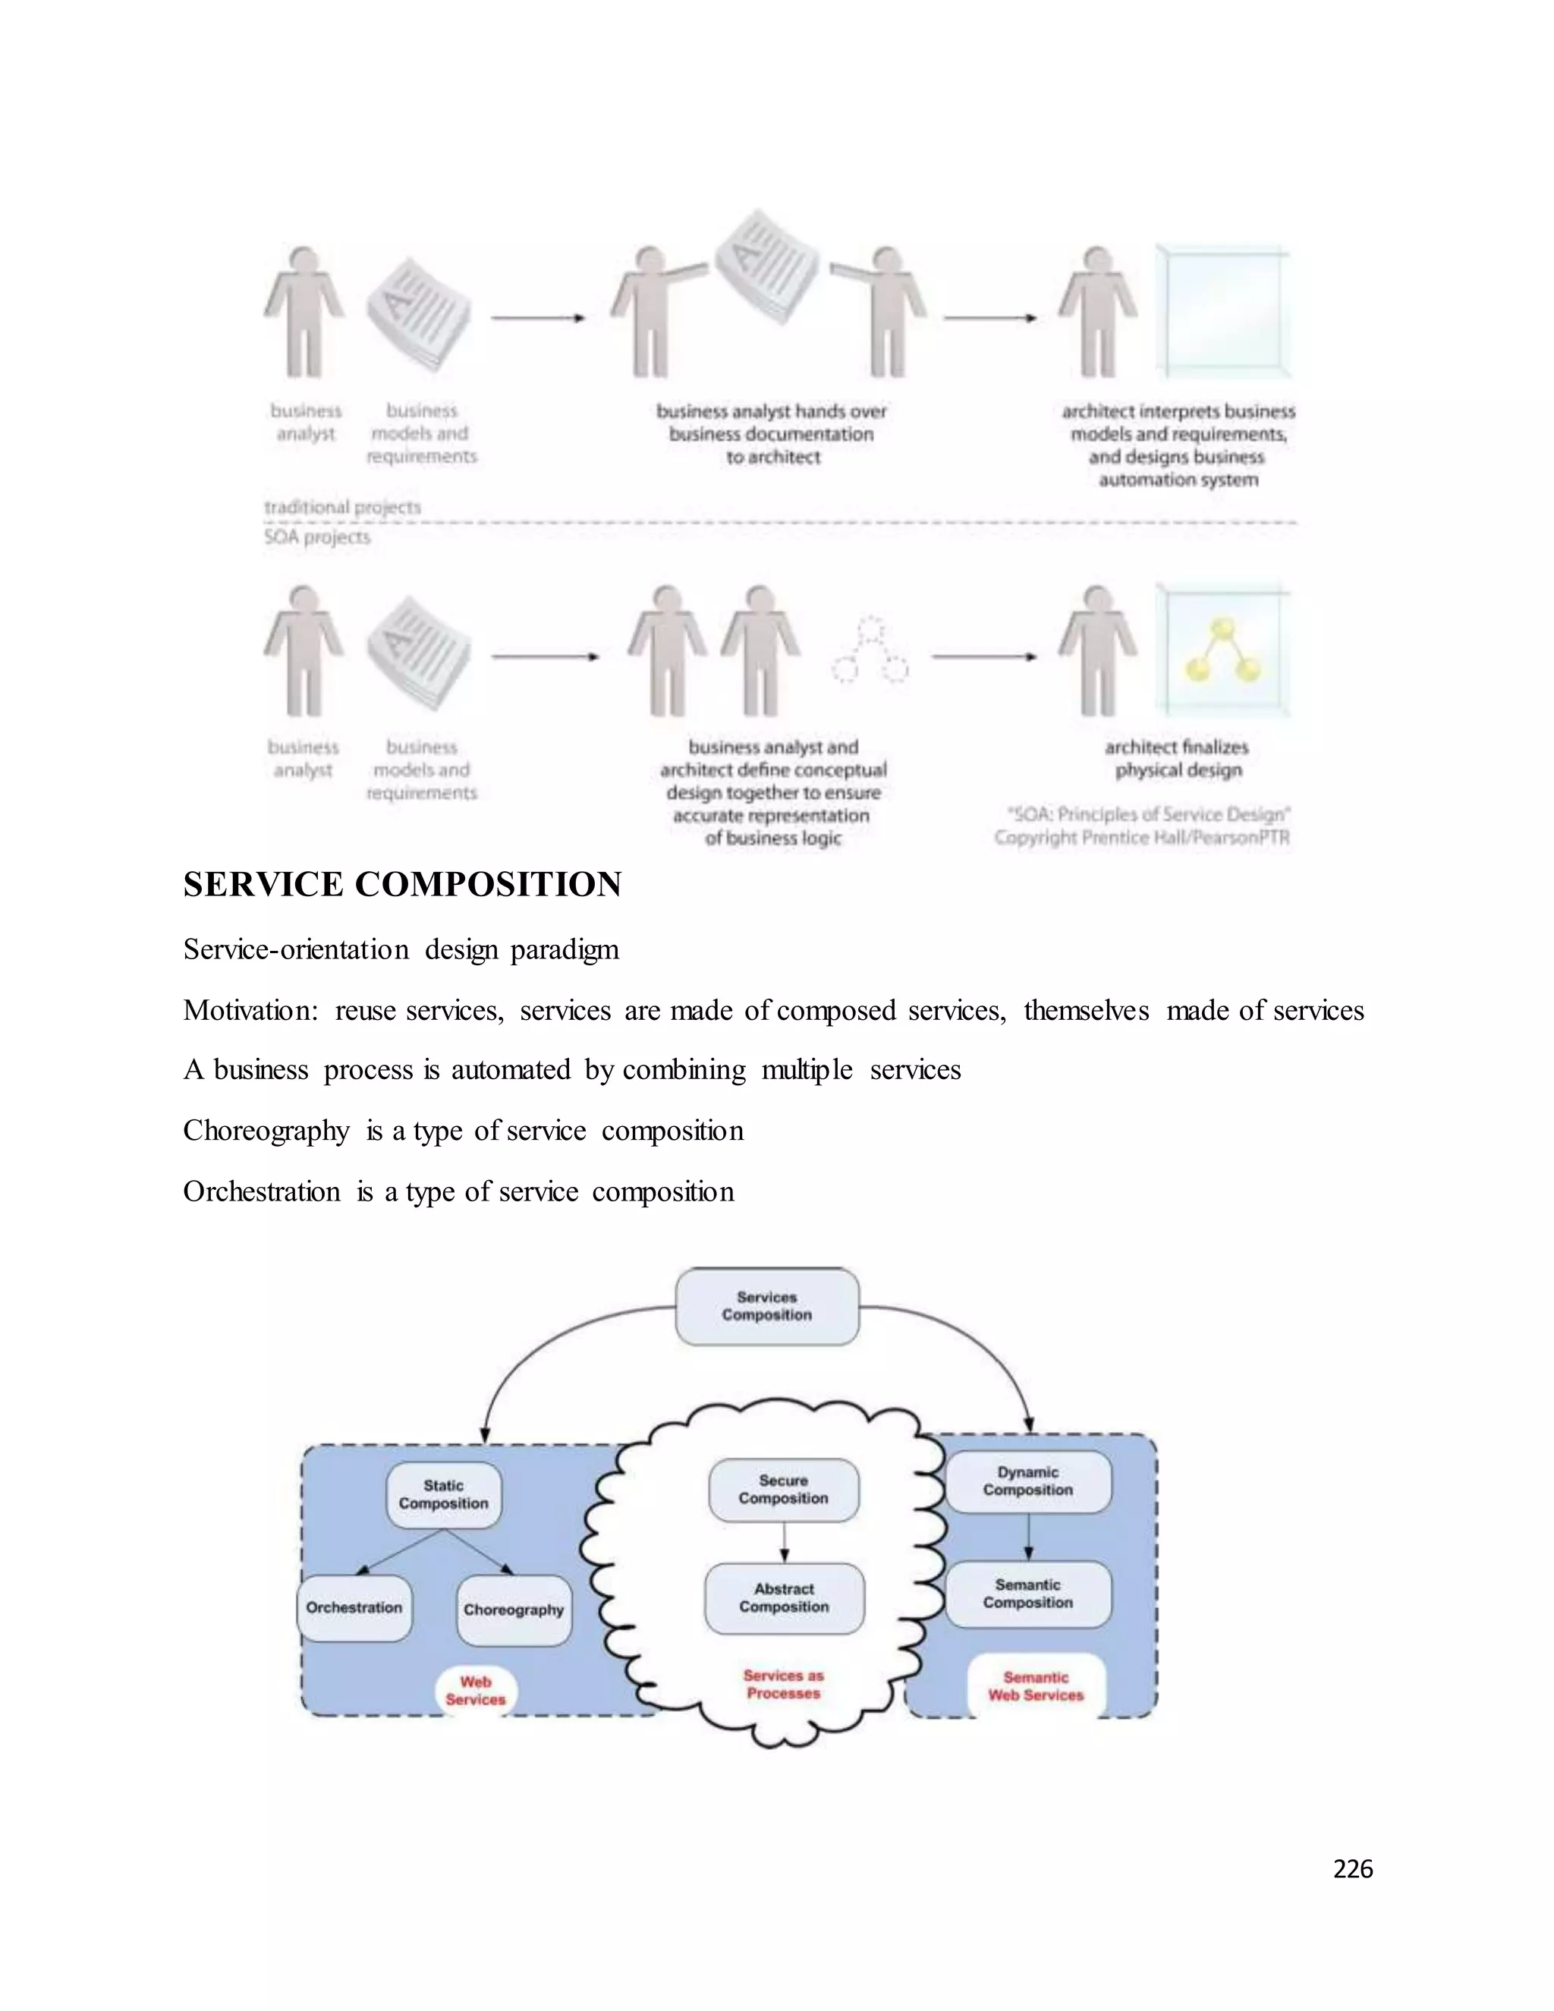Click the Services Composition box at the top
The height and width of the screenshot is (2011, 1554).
(767, 1306)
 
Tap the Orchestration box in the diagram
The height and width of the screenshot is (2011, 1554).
(354, 1608)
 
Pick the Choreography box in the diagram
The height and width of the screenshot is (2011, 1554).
(514, 1610)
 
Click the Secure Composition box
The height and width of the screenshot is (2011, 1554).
(783, 1490)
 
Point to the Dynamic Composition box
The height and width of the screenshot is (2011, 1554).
(1028, 1481)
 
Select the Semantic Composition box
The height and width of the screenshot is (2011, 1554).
(1028, 1594)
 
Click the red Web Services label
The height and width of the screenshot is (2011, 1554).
(476, 1691)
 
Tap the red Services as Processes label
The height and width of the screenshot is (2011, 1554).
(783, 1684)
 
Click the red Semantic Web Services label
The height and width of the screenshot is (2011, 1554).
(1036, 1686)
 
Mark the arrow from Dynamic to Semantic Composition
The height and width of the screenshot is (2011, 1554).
(1028, 1536)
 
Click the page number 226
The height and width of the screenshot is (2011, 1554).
(1352, 1869)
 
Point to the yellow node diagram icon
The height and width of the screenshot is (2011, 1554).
(1222, 650)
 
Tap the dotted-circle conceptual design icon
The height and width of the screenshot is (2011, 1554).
(870, 652)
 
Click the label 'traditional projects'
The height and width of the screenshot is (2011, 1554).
(342, 508)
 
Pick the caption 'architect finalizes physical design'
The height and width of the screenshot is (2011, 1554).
(1178, 759)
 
